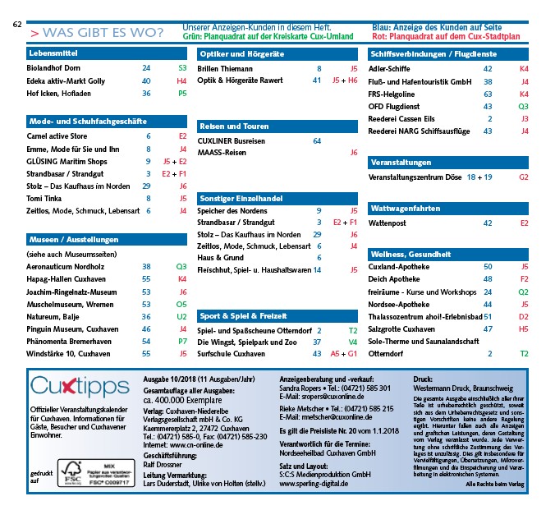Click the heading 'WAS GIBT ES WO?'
(x=102, y=33)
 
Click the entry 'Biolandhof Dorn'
(x=53, y=69)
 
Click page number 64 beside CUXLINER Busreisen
(x=317, y=141)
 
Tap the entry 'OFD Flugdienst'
(x=399, y=106)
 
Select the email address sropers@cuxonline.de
(x=323, y=396)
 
